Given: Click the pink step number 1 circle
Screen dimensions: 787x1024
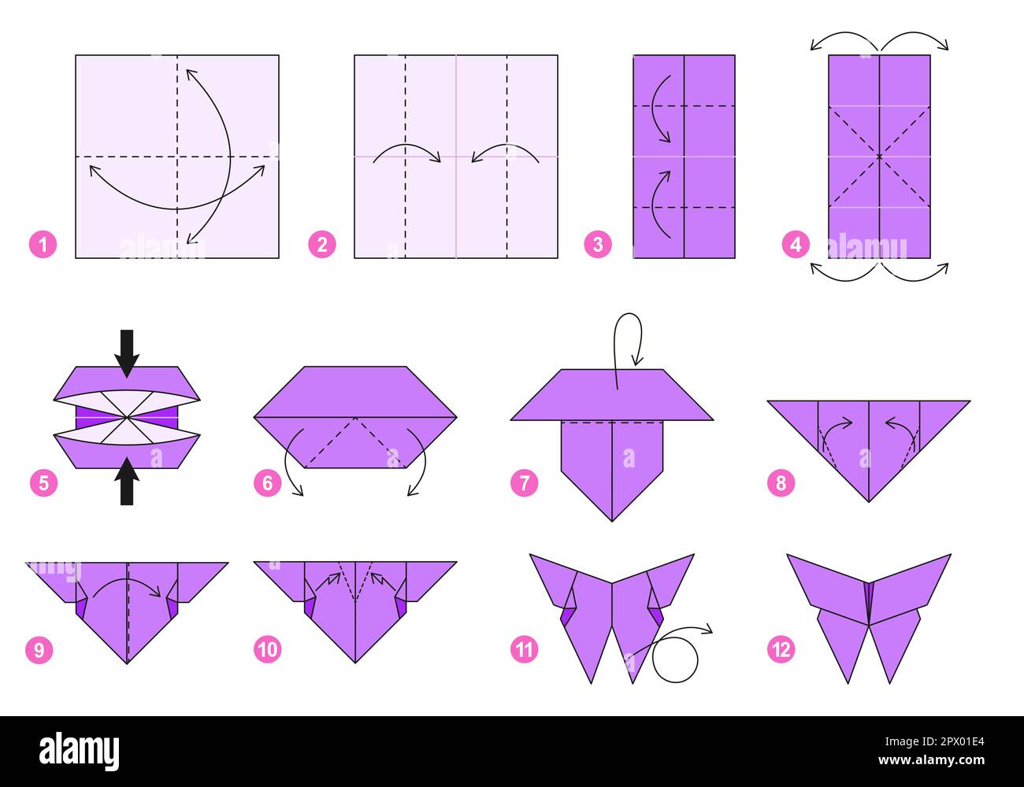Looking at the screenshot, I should point(43,245).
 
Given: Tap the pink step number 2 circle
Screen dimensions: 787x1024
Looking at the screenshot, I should point(321,245).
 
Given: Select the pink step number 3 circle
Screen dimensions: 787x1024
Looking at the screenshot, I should point(598,245).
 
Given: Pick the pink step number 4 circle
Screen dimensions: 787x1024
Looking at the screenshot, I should point(796,245).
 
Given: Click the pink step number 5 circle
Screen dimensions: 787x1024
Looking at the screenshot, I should point(43,482).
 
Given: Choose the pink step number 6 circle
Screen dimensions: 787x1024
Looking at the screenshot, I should point(267,482).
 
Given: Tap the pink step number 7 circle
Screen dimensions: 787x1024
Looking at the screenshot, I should point(525,482).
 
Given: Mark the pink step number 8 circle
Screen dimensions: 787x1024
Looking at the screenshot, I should point(781,482).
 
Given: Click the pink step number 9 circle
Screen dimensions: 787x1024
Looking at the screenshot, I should point(39,649).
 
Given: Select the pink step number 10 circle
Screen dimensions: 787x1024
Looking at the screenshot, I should point(267,649).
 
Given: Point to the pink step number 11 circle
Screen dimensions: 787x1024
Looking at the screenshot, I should point(525,649).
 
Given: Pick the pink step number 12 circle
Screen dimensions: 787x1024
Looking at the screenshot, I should point(781,649).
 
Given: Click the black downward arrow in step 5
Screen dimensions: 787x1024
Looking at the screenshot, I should point(127,352).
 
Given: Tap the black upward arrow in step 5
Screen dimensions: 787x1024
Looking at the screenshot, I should point(127,482).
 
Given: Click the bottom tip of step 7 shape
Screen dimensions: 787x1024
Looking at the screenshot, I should point(612,520).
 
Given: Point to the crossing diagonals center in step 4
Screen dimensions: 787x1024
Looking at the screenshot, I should point(879,157).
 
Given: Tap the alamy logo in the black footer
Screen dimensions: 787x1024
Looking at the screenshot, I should point(79,752).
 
